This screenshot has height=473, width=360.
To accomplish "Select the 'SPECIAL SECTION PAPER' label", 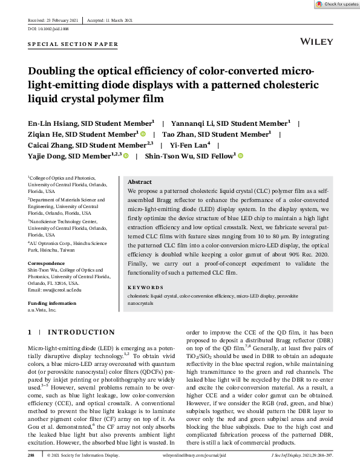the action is tap(73, 45).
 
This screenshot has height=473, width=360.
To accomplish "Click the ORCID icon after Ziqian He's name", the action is tap(143, 134).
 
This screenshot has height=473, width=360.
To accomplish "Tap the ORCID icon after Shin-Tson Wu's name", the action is tap(240, 156).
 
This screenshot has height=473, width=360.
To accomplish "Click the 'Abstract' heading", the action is tap(140, 181).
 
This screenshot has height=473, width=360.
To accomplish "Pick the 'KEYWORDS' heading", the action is tap(146, 287).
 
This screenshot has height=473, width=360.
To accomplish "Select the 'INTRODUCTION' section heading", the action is tap(81, 332).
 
